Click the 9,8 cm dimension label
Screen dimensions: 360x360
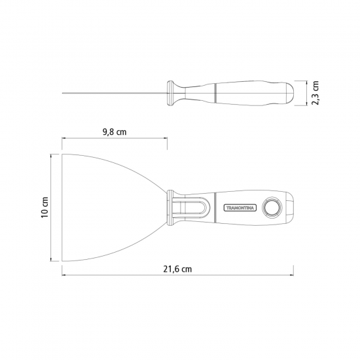click(x=115, y=132)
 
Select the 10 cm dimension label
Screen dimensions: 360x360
click(x=45, y=207)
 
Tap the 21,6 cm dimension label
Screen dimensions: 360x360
click(x=177, y=269)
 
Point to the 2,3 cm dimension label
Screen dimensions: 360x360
click(x=315, y=93)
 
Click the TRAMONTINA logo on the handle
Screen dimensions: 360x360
click(x=240, y=207)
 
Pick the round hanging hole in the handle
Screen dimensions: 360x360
click(x=272, y=207)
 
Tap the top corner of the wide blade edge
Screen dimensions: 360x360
click(x=62, y=154)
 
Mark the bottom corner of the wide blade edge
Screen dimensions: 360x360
click(x=62, y=261)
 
